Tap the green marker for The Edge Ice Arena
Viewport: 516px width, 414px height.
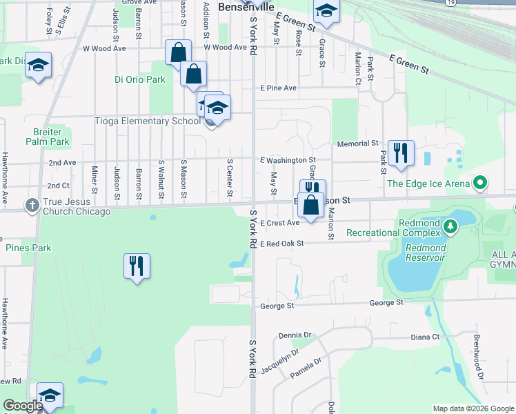tap(481, 184)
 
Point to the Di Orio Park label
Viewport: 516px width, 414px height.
tap(140, 79)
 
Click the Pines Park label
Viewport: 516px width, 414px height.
tap(28, 247)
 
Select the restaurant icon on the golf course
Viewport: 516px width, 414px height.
tap(137, 266)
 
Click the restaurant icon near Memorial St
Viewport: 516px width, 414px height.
tap(401, 152)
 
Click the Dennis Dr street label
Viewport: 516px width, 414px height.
tap(296, 335)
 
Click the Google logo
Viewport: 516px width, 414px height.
tap(23, 406)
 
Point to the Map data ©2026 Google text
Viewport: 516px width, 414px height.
tap(473, 408)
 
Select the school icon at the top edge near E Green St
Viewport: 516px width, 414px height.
tap(326, 10)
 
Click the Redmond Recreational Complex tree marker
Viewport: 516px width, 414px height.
tap(450, 226)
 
